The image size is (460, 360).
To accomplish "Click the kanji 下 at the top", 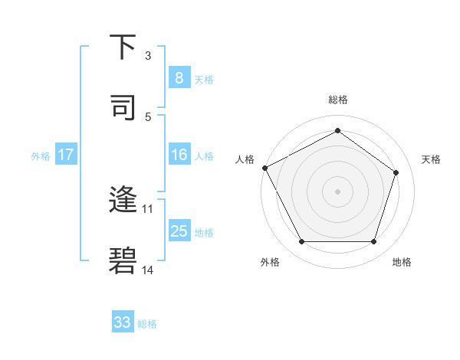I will point(123,47).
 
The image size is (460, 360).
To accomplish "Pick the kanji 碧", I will point(123,260).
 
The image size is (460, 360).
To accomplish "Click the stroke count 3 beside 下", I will point(148,55).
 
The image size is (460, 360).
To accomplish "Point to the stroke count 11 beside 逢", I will point(148,208).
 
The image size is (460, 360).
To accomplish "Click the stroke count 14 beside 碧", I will point(148,270).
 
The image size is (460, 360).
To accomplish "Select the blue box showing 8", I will point(179,78).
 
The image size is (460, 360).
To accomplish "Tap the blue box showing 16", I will point(179,155).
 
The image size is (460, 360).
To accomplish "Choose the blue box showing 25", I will point(179,231).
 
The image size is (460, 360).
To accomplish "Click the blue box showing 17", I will point(65,155).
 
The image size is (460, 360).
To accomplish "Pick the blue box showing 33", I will point(123,322).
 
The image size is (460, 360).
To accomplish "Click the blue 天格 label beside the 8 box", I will point(204,79).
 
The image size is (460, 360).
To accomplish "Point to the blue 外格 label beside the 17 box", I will point(41,155).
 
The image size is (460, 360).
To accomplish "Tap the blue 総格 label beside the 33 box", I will point(148,324).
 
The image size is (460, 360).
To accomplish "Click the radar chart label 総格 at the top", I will point(338,100).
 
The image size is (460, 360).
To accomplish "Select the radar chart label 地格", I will point(402,262).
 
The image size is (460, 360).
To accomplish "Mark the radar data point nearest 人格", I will point(264,167).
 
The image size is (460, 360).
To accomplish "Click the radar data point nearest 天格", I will point(396,172).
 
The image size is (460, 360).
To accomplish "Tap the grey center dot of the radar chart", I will point(337,191).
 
